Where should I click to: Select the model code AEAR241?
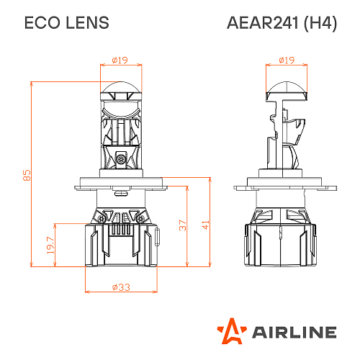pyautogui.click(x=261, y=23)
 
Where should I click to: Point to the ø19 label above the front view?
pyautogui.click(x=120, y=60)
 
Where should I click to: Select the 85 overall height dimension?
pyautogui.click(x=27, y=175)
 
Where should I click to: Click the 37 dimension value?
pyautogui.click(x=183, y=225)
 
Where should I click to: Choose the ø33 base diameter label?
pyautogui.click(x=120, y=287)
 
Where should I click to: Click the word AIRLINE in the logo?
pyautogui.click(x=294, y=332)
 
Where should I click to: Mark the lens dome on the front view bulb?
pyautogui.click(x=121, y=92)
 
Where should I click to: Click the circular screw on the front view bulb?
pyautogui.click(x=121, y=157)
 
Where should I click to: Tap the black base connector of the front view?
pyautogui.click(x=121, y=248)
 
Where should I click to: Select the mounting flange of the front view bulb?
pyautogui.click(x=121, y=187)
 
